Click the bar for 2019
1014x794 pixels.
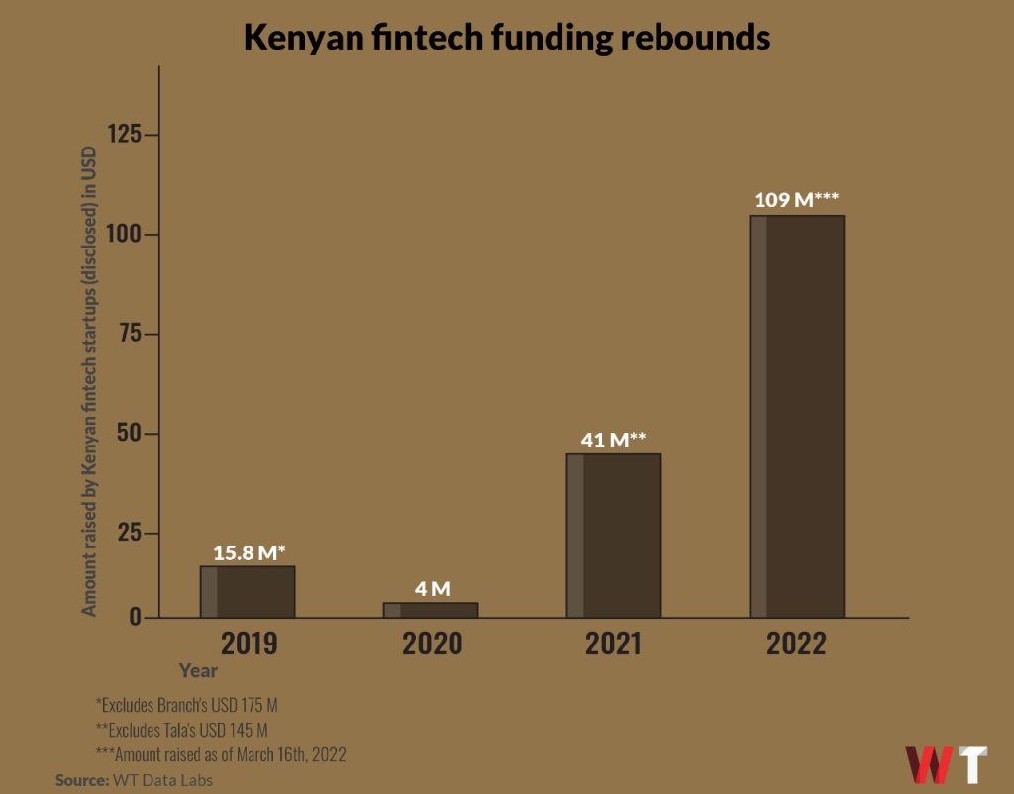click(248, 592)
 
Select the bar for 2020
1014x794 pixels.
click(431, 610)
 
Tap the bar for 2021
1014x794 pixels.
click(614, 536)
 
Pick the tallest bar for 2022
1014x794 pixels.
click(796, 416)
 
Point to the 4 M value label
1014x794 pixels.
click(432, 589)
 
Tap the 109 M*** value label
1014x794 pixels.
click(796, 200)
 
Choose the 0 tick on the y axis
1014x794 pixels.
click(137, 618)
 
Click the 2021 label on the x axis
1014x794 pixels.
click(613, 645)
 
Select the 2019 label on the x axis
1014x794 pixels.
click(249, 645)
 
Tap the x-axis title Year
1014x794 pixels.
click(198, 670)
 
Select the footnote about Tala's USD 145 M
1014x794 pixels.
click(181, 731)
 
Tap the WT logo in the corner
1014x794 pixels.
click(946, 764)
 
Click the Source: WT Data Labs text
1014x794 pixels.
click(134, 780)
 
